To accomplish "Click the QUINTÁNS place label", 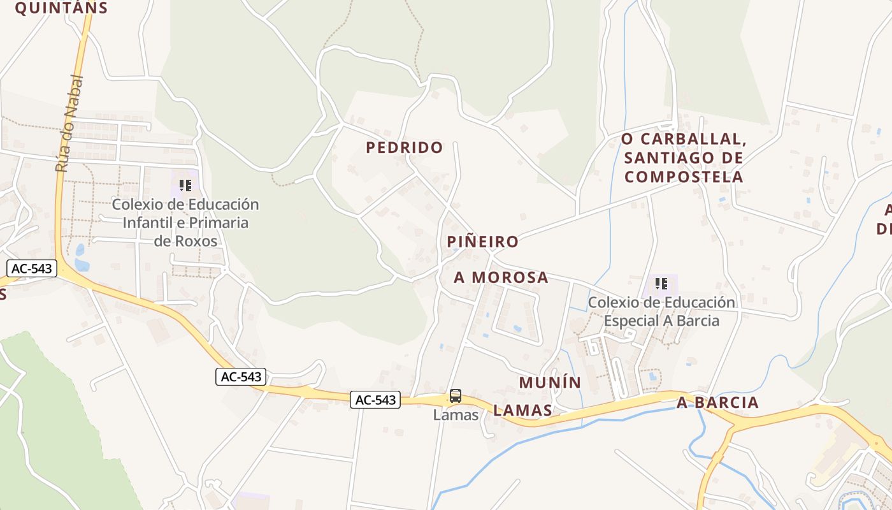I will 61,8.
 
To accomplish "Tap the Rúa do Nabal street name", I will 69,124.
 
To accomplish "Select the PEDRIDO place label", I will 405,147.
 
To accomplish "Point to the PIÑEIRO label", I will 483,242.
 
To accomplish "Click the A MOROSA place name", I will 501,277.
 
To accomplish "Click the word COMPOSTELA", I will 684,177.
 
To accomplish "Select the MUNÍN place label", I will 550,382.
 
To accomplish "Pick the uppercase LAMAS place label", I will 522,410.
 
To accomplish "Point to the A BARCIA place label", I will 718,403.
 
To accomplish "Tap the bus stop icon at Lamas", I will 456,396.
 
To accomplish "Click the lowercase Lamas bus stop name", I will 456,415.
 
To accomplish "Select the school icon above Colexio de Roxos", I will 185,186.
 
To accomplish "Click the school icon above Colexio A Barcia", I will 661,283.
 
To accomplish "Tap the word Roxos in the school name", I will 198,241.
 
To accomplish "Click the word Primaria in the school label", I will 214,222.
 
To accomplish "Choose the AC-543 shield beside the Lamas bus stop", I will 375,400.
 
